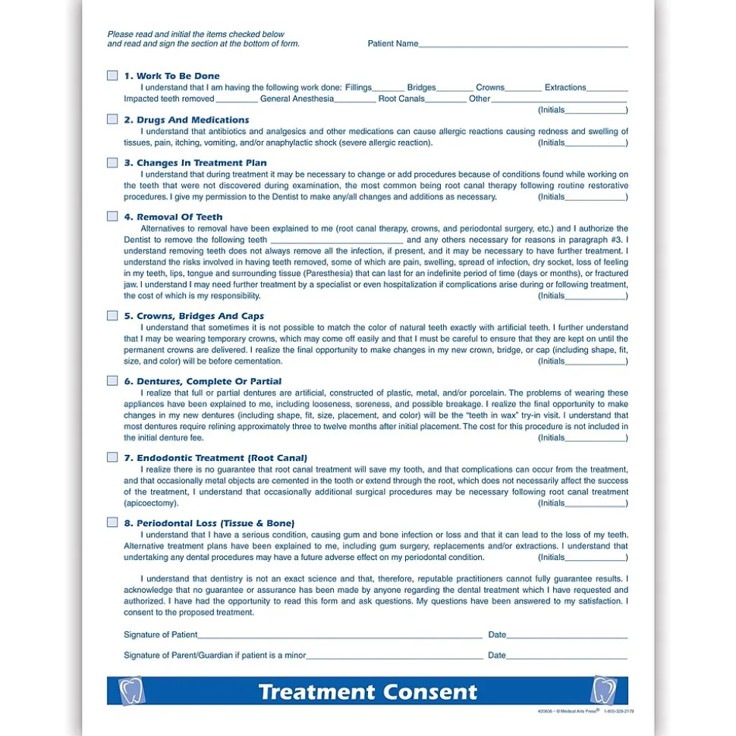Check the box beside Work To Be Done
(x=112, y=76)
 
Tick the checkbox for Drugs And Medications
(x=112, y=120)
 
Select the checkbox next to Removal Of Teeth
(x=112, y=217)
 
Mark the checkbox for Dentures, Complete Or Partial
(x=112, y=381)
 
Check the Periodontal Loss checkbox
(x=112, y=523)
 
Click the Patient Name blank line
(x=523, y=45)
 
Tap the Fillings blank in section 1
(x=388, y=89)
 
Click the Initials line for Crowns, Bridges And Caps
(x=595, y=362)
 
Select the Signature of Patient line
(x=339, y=636)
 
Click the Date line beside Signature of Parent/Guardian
(x=567, y=656)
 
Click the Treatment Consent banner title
(x=368, y=692)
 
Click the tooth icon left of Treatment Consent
(x=132, y=691)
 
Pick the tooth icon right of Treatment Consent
(x=604, y=691)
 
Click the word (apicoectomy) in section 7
(x=151, y=503)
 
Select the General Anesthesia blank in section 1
(x=354, y=100)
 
